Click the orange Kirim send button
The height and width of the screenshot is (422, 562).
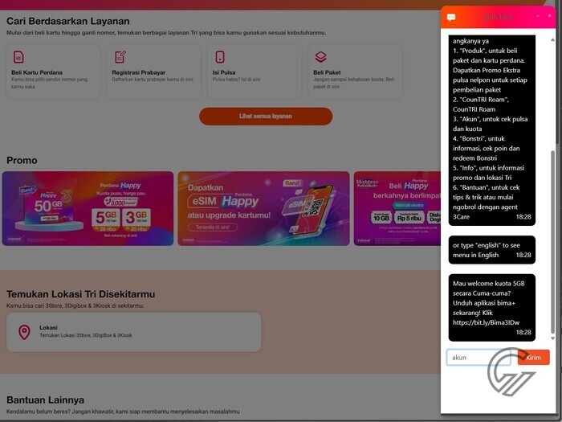coord(534,358)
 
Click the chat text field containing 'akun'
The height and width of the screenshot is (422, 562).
coord(479,358)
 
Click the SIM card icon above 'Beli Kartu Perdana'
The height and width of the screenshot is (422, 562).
coord(18,57)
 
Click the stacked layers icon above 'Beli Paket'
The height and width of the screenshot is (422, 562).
coord(320,57)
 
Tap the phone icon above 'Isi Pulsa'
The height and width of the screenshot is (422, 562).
coord(219,57)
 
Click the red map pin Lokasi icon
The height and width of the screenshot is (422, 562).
coord(24,332)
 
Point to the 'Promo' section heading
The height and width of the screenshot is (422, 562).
coord(22,160)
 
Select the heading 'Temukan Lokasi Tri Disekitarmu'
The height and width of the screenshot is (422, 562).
coord(80,294)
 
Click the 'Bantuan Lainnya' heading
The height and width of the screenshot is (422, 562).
coord(45,399)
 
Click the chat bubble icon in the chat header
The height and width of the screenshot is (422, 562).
coord(451,17)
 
